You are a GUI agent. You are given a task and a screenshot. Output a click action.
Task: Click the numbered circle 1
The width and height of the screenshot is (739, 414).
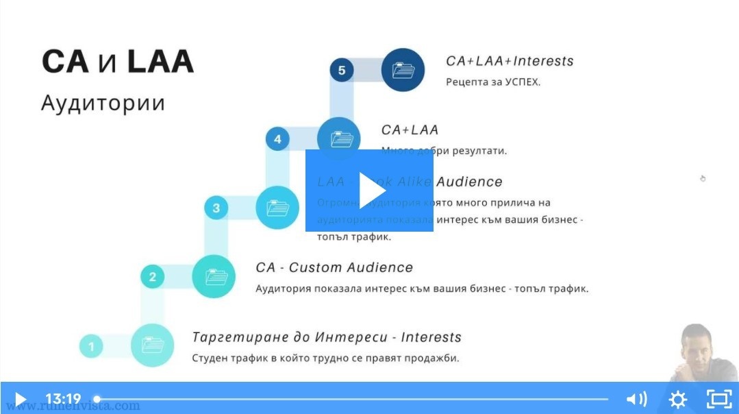(x=91, y=346)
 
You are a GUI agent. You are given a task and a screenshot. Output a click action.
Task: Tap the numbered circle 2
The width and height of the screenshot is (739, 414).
(x=153, y=277)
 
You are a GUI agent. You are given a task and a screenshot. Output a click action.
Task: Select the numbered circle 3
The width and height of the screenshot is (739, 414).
(x=216, y=208)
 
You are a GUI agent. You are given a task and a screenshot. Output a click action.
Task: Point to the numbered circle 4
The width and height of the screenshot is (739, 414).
(x=277, y=139)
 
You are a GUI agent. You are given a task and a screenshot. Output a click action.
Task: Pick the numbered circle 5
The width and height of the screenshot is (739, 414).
(x=342, y=70)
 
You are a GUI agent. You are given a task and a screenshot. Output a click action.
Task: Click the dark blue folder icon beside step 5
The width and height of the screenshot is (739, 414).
(x=403, y=70)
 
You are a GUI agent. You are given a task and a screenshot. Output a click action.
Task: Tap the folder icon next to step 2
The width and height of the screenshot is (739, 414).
(x=214, y=276)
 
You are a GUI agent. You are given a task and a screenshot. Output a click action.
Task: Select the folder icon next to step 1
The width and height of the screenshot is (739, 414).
(x=152, y=345)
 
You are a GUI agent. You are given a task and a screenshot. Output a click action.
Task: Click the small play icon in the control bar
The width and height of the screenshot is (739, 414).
(x=20, y=399)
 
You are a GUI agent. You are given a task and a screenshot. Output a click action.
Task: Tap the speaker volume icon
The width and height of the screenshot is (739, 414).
(x=636, y=399)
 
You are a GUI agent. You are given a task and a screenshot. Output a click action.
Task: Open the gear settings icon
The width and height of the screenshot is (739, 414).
(x=677, y=399)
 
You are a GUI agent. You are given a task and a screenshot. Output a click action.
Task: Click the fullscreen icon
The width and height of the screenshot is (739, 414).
(x=718, y=399)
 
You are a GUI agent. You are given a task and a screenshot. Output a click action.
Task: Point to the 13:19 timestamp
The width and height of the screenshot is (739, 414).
(x=63, y=399)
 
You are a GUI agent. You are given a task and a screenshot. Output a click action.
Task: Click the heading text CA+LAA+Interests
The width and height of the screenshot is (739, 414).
(x=510, y=61)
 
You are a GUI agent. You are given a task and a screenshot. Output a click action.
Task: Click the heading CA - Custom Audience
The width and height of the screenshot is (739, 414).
(x=334, y=267)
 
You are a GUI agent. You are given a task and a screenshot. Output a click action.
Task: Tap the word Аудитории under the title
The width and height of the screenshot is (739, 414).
(x=103, y=103)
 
